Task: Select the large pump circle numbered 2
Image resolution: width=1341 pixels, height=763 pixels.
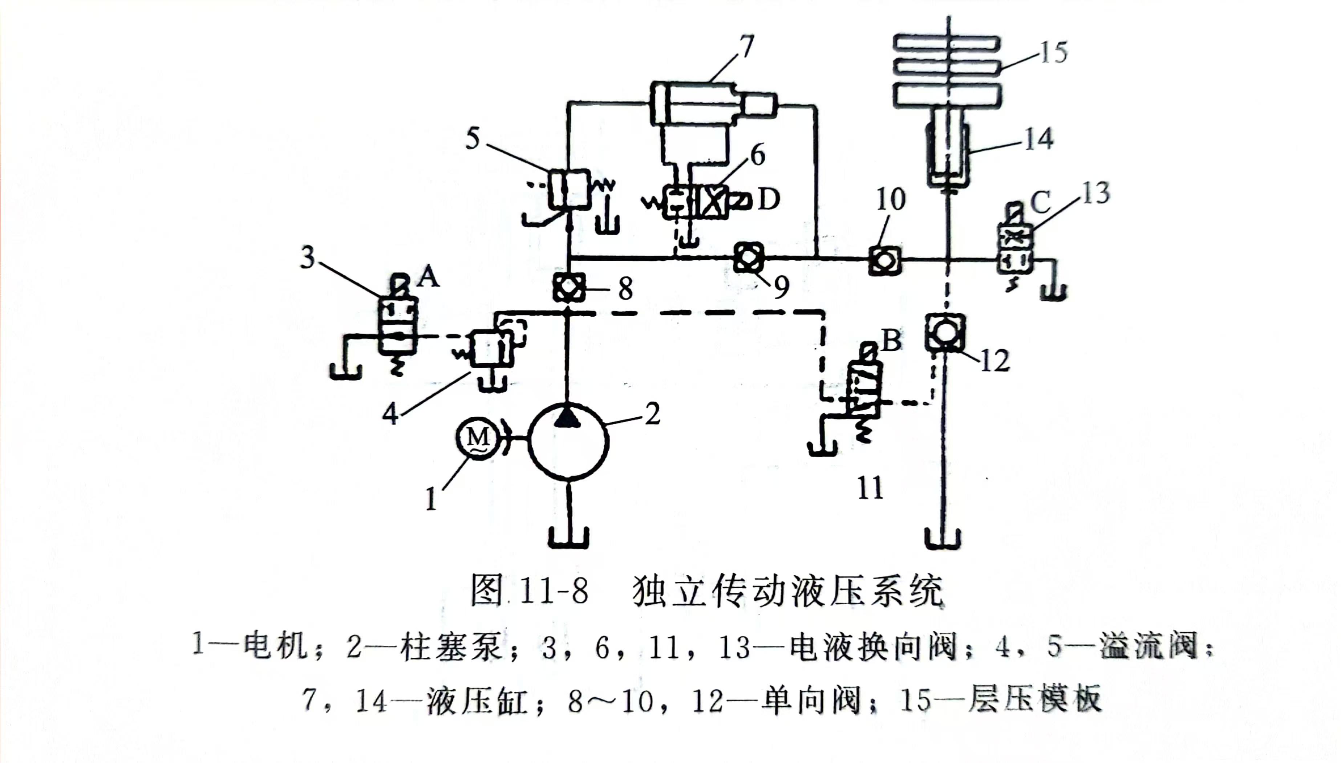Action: (568, 442)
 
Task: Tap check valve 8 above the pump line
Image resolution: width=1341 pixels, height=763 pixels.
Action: (568, 287)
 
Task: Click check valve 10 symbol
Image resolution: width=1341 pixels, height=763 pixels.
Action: (884, 260)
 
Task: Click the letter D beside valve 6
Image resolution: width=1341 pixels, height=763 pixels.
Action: (769, 200)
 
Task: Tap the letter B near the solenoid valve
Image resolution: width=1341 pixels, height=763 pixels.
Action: (891, 341)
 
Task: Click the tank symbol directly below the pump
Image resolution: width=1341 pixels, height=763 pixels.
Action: (568, 537)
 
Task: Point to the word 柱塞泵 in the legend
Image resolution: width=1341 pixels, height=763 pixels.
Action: (451, 647)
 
